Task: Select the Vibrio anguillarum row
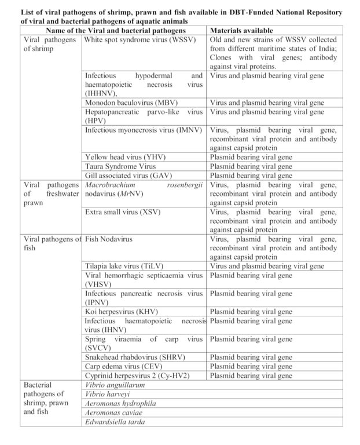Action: (114, 385)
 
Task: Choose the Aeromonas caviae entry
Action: (112, 413)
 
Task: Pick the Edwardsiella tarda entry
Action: (112, 422)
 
